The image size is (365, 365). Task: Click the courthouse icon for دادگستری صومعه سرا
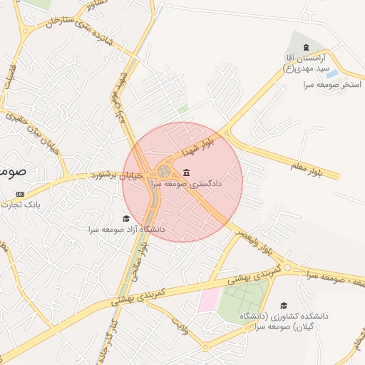187,173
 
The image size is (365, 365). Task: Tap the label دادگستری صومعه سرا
185,184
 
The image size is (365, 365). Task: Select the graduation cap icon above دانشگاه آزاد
126,219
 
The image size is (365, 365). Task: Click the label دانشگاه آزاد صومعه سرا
127,230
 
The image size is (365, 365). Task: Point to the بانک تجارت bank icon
19,194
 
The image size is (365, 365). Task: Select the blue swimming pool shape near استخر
332,73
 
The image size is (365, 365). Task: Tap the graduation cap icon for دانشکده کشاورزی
284,305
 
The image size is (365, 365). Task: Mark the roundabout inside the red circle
164,171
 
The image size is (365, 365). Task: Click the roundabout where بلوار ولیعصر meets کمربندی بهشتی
287,268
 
